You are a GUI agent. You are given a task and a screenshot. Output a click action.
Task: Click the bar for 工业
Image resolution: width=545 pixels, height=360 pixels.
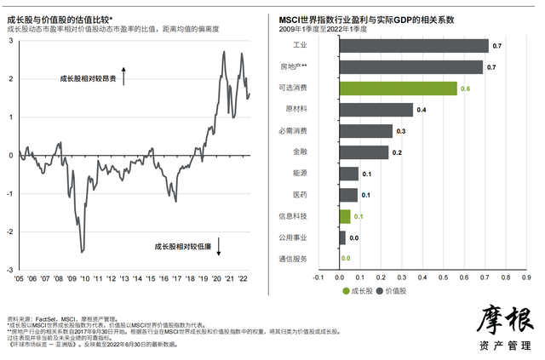(413, 46)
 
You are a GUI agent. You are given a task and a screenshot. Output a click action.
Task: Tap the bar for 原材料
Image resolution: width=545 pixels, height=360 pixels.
(376, 110)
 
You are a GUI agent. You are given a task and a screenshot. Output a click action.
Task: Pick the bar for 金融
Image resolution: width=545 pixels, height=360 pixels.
(364, 152)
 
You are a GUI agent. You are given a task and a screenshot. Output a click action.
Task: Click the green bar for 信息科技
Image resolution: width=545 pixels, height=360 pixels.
(345, 216)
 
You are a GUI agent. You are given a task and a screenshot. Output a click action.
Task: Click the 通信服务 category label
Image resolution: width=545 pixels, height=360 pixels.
(292, 259)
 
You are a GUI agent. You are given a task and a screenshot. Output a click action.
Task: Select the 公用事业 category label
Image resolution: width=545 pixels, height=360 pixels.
(292, 237)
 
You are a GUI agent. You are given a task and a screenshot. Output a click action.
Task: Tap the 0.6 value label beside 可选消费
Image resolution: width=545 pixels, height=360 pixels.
(466, 89)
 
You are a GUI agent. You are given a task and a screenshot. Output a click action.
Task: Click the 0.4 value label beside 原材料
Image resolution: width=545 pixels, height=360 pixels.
(422, 110)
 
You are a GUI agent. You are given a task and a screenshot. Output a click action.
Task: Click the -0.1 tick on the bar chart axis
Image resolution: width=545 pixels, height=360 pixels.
(318, 277)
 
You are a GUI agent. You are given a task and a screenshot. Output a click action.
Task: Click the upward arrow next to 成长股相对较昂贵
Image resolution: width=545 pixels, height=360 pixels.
(124, 77)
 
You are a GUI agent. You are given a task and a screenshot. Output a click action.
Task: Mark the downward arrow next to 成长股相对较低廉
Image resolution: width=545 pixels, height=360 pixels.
(220, 247)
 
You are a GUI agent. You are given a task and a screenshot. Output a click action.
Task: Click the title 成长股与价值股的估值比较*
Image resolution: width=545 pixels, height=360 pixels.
(65, 19)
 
